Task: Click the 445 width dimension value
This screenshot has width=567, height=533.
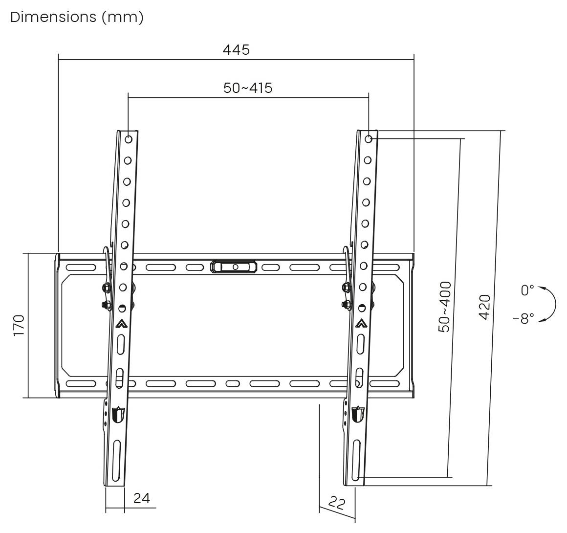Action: [x=236, y=49]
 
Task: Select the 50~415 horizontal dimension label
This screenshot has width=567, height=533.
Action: [x=248, y=88]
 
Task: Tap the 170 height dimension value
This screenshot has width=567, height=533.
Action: [x=19, y=325]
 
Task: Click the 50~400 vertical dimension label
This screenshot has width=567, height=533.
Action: [x=444, y=307]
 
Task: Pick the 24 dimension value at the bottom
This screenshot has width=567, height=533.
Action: [x=142, y=498]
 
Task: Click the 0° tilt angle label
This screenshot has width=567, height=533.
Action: [x=527, y=290]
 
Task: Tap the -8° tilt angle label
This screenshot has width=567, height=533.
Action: [x=523, y=319]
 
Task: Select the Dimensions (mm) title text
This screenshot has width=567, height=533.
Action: [x=77, y=17]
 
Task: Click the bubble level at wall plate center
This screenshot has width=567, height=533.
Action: [x=235, y=267]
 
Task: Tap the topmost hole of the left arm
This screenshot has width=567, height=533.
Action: [x=129, y=139]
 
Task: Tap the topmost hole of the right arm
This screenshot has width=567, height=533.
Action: [x=369, y=139]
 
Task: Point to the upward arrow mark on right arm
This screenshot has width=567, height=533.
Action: [x=361, y=323]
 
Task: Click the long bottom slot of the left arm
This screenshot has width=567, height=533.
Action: [x=115, y=460]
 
